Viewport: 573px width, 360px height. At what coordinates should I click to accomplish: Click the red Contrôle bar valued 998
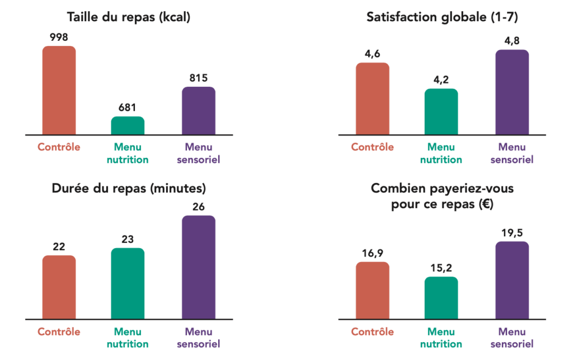coord(59,90)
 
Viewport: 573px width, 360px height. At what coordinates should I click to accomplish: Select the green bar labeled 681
coord(128,125)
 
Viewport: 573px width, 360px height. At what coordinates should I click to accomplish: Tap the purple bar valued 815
coord(198,110)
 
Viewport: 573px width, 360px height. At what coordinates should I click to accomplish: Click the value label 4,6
coord(372,54)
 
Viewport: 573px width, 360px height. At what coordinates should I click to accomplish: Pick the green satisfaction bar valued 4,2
coord(441,111)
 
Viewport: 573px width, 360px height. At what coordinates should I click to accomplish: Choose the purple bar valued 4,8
coord(511,92)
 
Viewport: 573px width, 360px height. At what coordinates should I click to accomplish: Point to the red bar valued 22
coord(59,287)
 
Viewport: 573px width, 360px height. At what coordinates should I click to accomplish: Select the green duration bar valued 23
coord(128,283)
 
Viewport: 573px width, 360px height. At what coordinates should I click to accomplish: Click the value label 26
coord(198,207)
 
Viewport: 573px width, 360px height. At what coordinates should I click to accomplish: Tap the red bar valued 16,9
coord(372,290)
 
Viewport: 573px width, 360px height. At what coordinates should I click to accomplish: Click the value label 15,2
coord(441,268)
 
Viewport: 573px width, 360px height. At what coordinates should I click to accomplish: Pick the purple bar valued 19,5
coord(511,280)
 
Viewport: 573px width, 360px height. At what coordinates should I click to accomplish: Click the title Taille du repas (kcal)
coord(129,17)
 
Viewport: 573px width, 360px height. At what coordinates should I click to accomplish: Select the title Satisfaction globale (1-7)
coord(442,17)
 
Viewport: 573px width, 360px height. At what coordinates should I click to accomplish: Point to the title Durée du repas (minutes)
coord(129,188)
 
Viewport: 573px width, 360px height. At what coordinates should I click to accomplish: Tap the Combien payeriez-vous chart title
coord(442,197)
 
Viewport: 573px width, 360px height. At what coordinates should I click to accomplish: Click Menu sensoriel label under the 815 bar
coord(198,153)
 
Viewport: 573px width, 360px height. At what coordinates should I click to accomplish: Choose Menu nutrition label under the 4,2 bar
coord(441,153)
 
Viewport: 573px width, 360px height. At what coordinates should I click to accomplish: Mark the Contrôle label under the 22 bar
coord(59,332)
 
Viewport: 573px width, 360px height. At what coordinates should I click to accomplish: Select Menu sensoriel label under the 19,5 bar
coord(511,338)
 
